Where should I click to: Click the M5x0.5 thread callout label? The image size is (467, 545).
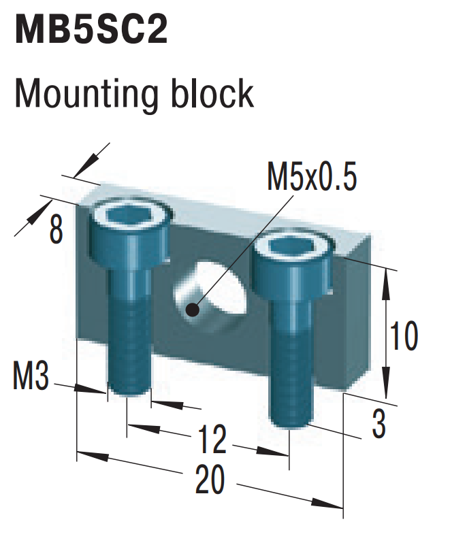pyautogui.click(x=311, y=178)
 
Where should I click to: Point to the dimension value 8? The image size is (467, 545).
pyautogui.click(x=56, y=231)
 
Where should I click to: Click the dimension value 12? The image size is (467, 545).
pyautogui.click(x=212, y=440)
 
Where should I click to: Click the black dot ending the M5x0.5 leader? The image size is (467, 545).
pyautogui.click(x=192, y=310)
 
